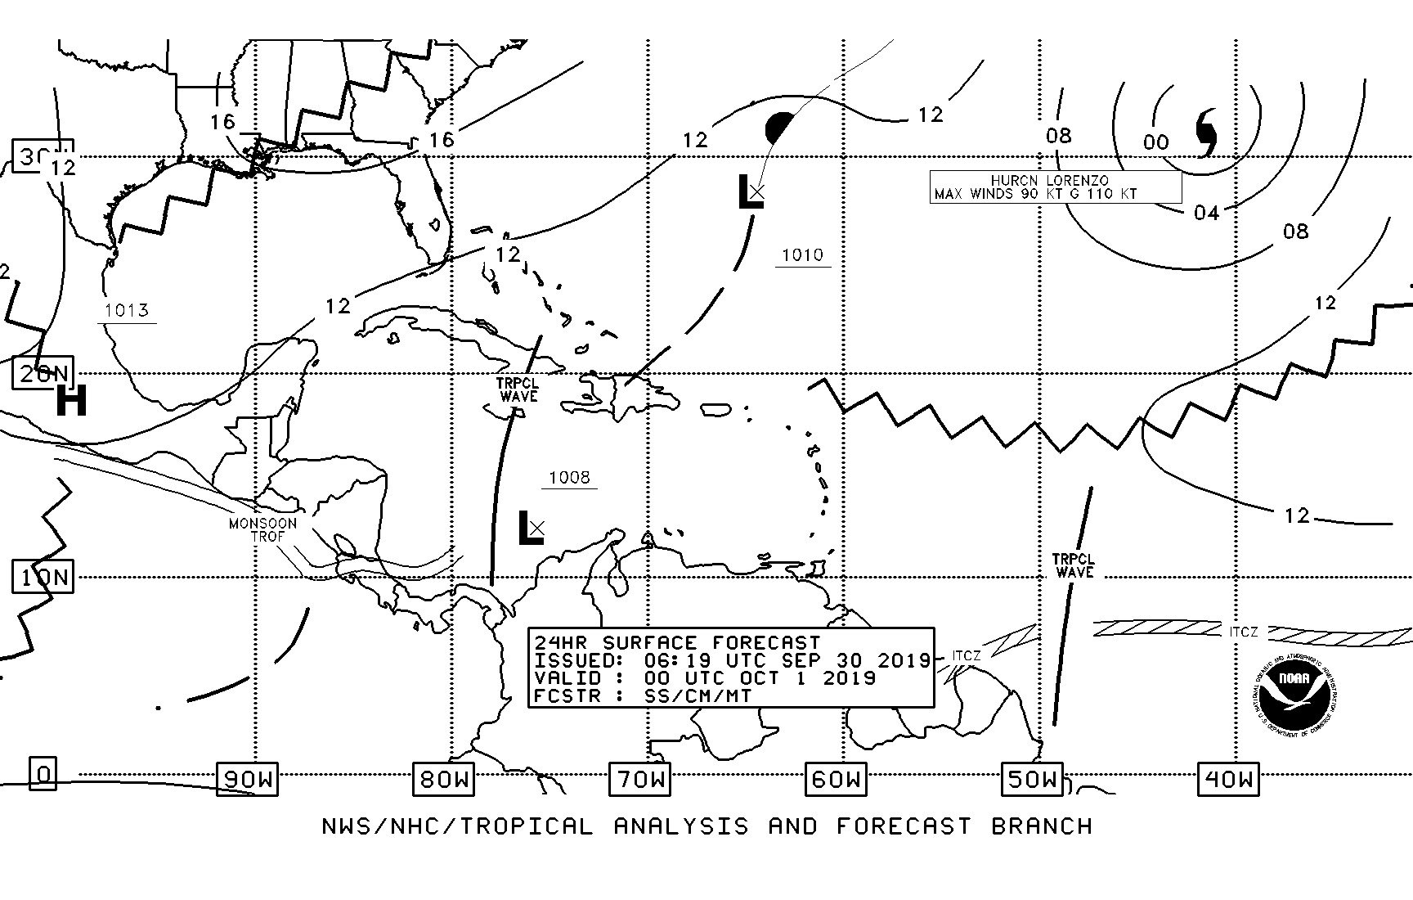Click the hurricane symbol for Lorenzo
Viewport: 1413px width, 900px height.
click(x=1206, y=133)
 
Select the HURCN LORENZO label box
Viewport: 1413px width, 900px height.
click(x=1055, y=187)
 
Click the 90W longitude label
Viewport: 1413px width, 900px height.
click(x=247, y=779)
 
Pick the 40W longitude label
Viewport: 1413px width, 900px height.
click(x=1228, y=779)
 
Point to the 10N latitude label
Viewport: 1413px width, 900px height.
click(x=44, y=578)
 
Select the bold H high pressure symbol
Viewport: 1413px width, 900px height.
click(x=71, y=401)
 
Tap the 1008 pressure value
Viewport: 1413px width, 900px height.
click(x=569, y=478)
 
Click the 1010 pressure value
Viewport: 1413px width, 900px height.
click(x=802, y=255)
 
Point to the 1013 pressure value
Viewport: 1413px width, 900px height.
click(x=127, y=310)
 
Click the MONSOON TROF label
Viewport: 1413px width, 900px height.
click(x=263, y=530)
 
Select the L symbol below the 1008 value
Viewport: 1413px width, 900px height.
click(x=530, y=528)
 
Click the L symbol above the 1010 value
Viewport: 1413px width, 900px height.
click(x=749, y=191)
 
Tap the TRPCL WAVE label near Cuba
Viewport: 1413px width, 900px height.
click(x=518, y=389)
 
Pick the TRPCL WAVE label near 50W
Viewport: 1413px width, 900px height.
click(x=1074, y=566)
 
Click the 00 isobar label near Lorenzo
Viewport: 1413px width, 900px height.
click(x=1155, y=143)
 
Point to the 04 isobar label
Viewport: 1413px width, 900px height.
click(x=1206, y=214)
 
